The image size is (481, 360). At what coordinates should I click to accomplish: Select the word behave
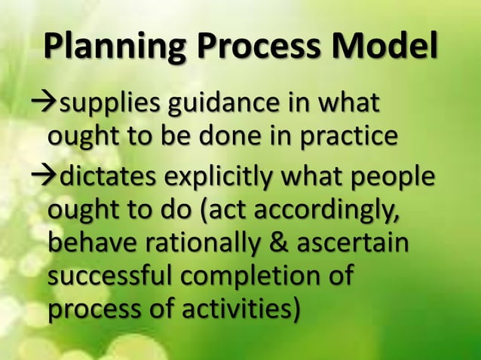pyautogui.click(x=90, y=244)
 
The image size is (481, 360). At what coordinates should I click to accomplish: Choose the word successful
pyautogui.click(x=108, y=277)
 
